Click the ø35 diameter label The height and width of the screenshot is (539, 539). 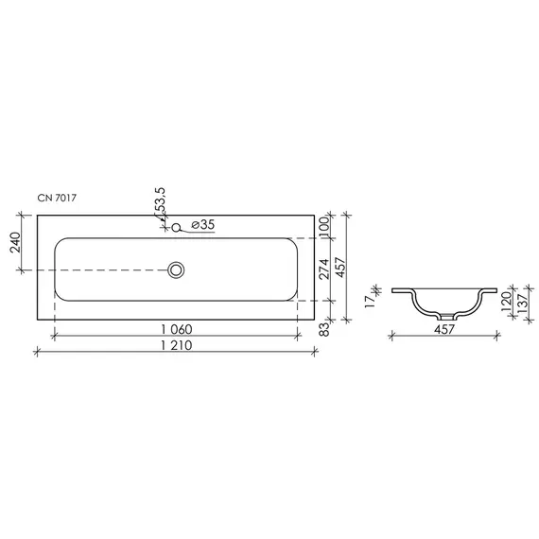[202, 225]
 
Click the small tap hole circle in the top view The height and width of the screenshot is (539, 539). [176, 226]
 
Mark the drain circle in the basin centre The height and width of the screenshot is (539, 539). [176, 269]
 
